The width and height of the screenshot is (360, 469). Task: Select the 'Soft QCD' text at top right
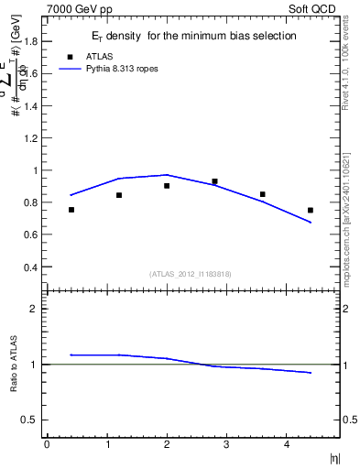pyautogui.click(x=315, y=7)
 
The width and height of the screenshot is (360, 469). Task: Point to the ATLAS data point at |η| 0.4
pyautogui.click(x=71, y=210)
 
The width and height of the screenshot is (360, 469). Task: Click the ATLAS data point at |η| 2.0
pyautogui.click(x=167, y=185)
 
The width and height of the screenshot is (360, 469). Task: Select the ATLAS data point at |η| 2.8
pyautogui.click(x=214, y=181)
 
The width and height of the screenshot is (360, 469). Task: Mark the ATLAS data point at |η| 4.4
pyautogui.click(x=311, y=210)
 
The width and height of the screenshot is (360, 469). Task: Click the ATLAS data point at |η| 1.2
pyautogui.click(x=119, y=195)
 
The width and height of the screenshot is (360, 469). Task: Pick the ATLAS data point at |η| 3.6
pyautogui.click(x=263, y=194)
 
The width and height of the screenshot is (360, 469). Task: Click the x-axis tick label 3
pyautogui.click(x=226, y=444)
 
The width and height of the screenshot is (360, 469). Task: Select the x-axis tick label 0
pyautogui.click(x=47, y=444)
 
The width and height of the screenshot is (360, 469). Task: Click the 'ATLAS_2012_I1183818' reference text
pyautogui.click(x=191, y=274)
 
